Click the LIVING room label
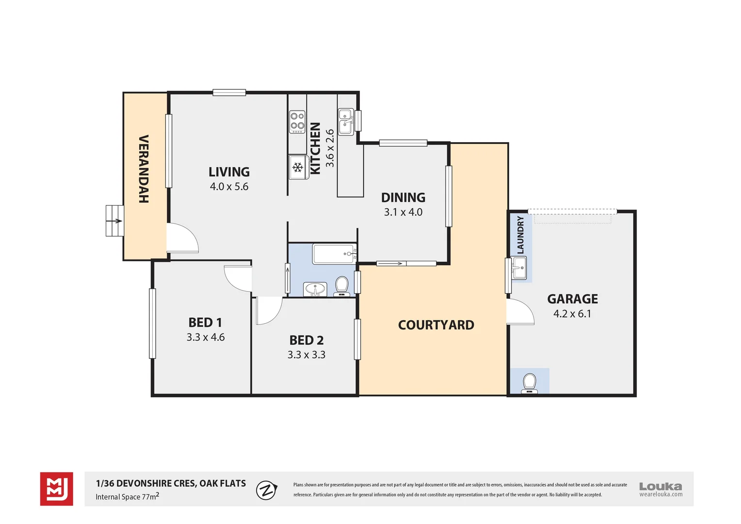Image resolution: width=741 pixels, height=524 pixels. (x=229, y=172)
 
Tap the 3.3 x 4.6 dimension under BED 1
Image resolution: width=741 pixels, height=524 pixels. (x=206, y=337)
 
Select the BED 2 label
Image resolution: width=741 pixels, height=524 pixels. (x=306, y=340)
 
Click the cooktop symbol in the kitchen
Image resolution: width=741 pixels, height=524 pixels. (x=297, y=122)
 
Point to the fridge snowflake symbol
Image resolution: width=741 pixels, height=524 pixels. (x=298, y=168)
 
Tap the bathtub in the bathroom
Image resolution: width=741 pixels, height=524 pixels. (x=333, y=254)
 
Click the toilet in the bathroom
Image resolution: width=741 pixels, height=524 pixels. (x=342, y=285)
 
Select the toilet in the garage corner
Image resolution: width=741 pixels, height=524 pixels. (x=529, y=383)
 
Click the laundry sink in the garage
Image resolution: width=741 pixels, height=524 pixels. (x=519, y=268)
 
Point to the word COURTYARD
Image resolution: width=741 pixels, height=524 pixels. (x=436, y=325)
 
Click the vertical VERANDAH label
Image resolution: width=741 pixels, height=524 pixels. (x=144, y=169)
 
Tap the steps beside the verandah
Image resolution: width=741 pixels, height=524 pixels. (x=114, y=221)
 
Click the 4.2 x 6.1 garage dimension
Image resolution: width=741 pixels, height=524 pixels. (x=572, y=314)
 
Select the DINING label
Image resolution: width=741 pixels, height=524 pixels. (x=403, y=197)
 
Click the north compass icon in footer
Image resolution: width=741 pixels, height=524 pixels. (x=266, y=490)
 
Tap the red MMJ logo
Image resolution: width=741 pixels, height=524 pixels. (x=57, y=489)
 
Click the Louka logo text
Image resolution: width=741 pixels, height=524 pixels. (x=660, y=486)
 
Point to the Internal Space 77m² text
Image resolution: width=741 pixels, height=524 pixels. (x=127, y=497)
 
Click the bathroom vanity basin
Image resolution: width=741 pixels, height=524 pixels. (x=315, y=290)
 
